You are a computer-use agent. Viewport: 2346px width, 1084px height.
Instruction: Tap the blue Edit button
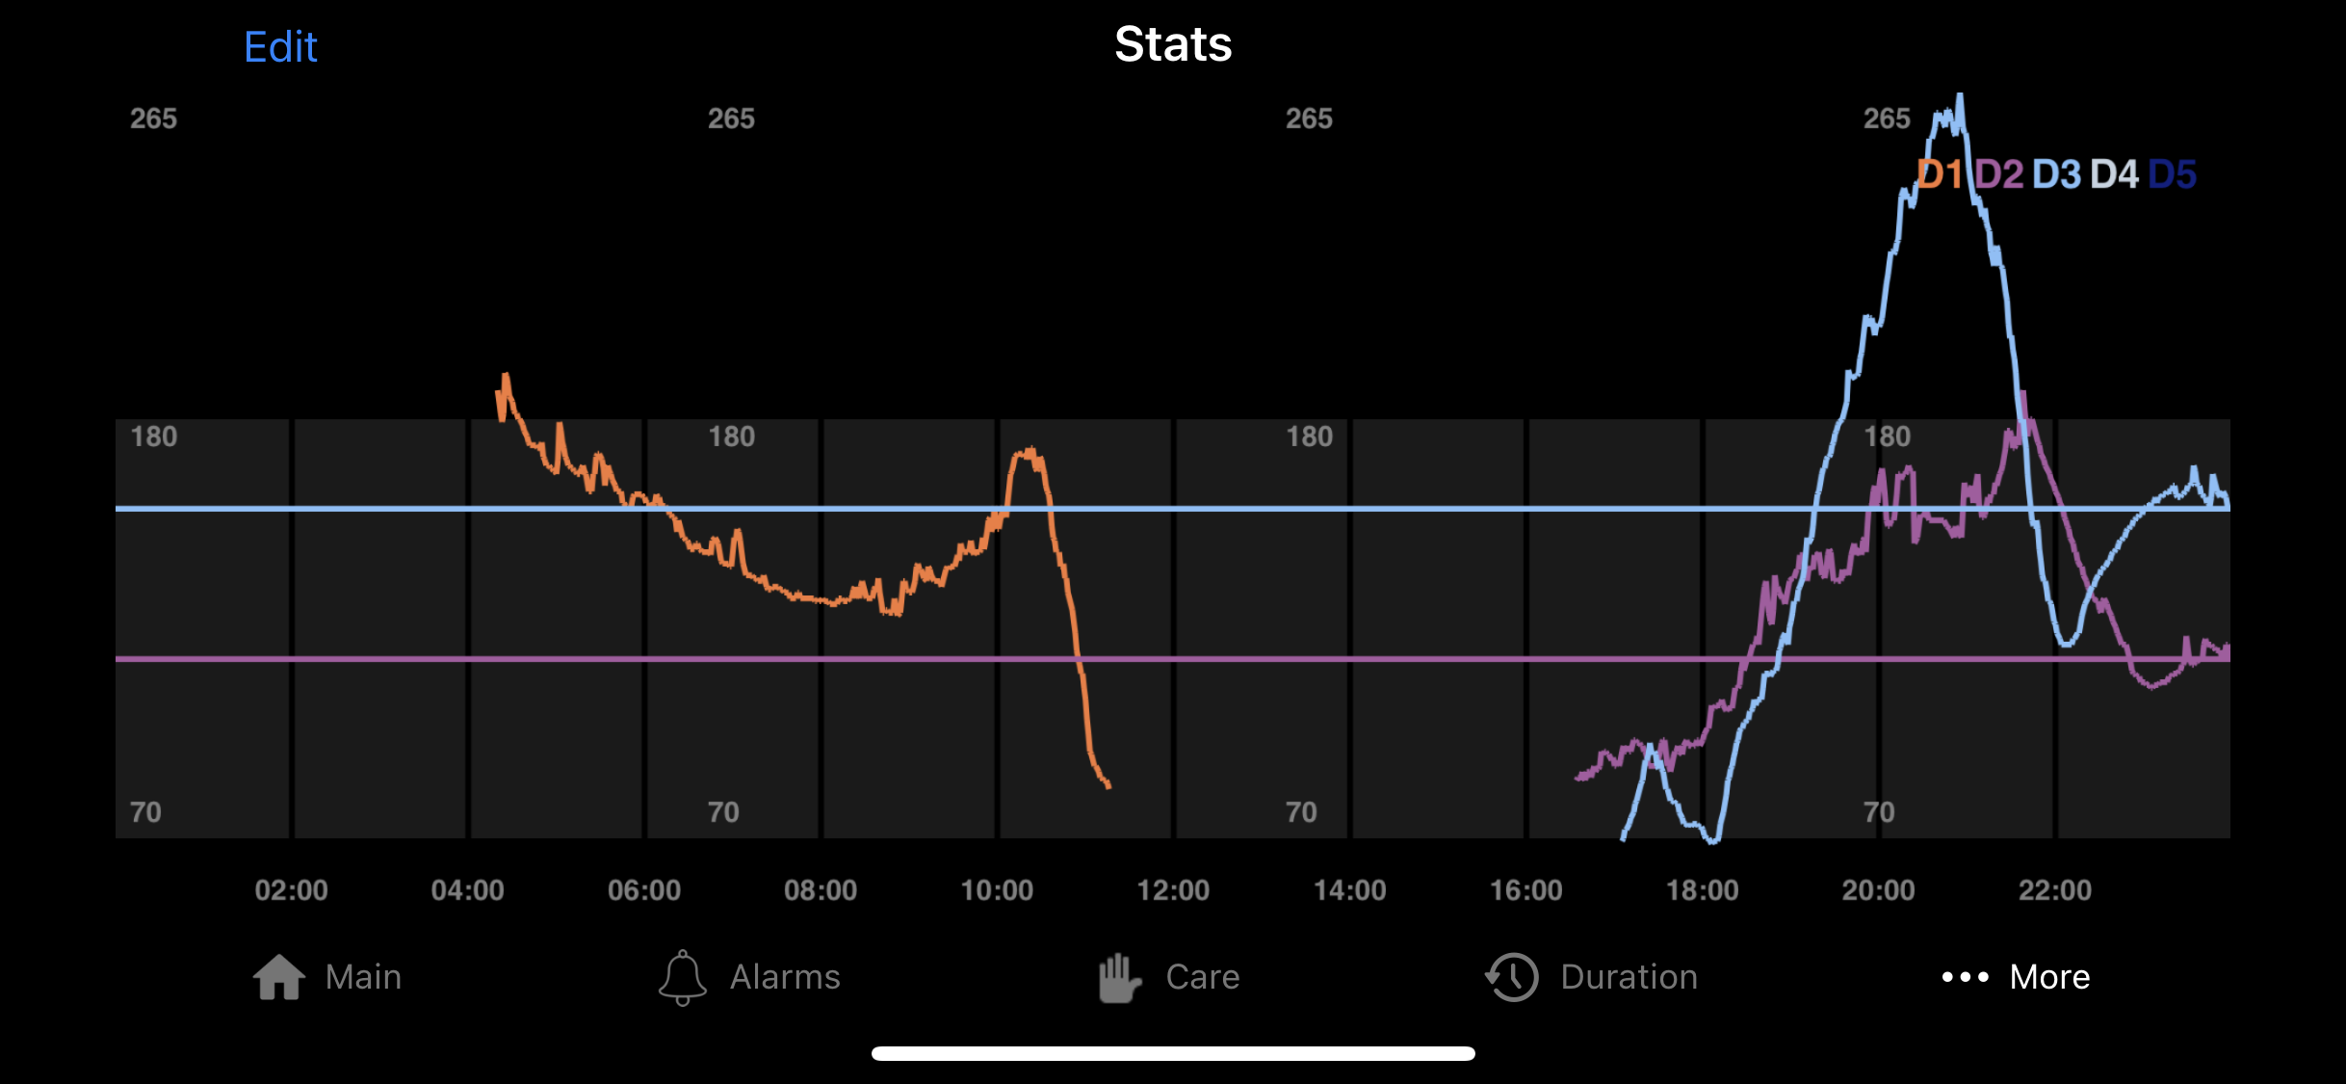(280, 46)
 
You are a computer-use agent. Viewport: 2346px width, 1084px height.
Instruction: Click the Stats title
(1173, 44)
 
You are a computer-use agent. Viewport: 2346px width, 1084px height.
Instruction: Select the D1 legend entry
(1939, 174)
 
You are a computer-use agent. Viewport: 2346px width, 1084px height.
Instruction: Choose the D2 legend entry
(1998, 174)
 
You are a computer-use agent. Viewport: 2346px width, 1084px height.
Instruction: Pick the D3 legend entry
(2056, 174)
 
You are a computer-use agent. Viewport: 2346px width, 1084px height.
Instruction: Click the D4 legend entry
(2114, 174)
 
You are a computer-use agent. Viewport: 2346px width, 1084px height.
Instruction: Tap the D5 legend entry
(2172, 174)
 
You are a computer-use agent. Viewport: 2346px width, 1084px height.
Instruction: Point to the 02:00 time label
(291, 889)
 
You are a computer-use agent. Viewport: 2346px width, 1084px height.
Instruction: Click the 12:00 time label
(1173, 889)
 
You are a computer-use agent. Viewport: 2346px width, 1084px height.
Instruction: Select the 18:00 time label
(1702, 889)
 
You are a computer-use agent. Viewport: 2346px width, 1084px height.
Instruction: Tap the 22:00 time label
(2054, 889)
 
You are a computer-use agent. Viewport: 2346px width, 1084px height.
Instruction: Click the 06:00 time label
(643, 889)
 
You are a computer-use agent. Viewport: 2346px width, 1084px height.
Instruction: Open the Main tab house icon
(279, 977)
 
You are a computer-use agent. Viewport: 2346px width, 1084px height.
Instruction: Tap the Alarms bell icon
(682, 977)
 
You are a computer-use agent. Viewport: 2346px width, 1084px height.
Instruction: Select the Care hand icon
(1119, 977)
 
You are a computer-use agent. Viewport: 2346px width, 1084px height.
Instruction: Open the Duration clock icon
(1512, 977)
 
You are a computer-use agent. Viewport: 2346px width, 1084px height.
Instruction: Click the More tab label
(2049, 977)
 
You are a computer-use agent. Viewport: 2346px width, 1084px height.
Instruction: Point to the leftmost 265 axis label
(153, 119)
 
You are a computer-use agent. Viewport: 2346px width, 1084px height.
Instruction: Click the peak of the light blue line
(1960, 96)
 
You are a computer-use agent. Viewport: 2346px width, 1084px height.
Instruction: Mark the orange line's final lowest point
(1108, 786)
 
